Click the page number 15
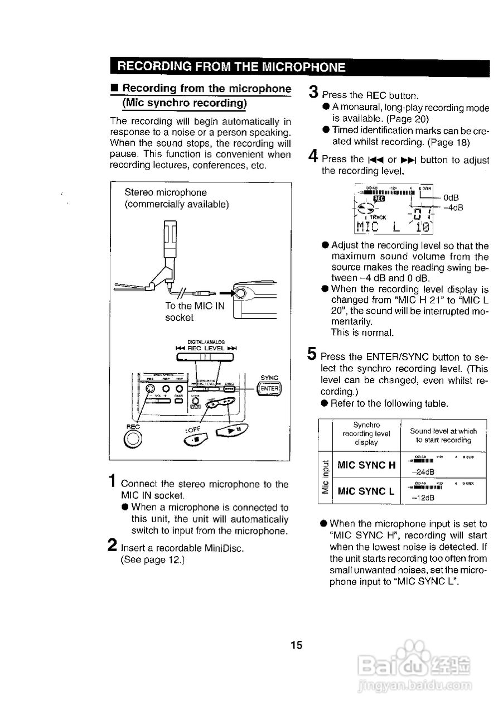point(296,645)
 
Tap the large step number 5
point(313,354)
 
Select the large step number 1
point(113,481)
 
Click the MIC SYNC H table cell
point(367,465)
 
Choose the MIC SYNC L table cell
point(367,491)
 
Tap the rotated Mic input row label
point(325,477)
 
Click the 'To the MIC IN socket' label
point(186,312)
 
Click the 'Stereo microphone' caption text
point(166,192)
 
